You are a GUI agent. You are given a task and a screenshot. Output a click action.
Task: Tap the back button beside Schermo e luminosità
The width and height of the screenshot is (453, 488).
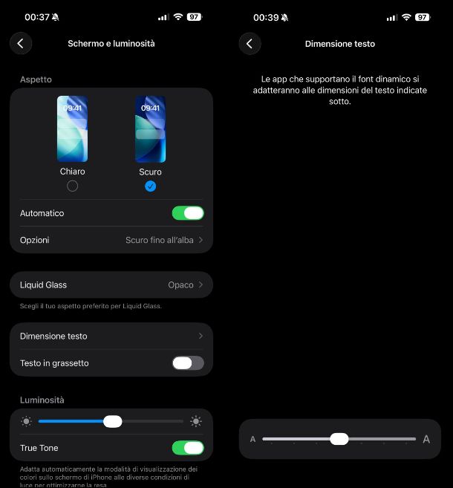coord(21,43)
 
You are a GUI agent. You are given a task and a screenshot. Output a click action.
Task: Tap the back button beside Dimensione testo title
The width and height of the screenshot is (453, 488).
coord(250,44)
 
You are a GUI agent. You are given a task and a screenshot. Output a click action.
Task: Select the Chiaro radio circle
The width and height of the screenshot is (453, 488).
coord(73,186)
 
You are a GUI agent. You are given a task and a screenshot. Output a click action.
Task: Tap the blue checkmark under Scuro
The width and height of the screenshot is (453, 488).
coord(150,186)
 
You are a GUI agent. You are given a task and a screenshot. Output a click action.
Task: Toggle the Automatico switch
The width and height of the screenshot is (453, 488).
coord(188,213)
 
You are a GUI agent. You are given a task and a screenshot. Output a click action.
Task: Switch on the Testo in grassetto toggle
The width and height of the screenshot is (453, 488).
coord(188,363)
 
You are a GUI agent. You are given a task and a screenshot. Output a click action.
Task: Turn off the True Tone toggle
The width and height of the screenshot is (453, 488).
coord(188,448)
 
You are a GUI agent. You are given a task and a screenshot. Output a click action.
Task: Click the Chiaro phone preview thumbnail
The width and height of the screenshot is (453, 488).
coord(73,128)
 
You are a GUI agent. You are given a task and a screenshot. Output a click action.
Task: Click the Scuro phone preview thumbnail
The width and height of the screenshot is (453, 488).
coord(150,128)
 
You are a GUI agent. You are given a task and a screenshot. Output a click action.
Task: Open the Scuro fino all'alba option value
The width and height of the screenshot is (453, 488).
coord(160,240)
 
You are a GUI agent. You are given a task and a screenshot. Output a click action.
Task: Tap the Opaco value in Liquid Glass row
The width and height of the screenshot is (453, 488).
coord(180,284)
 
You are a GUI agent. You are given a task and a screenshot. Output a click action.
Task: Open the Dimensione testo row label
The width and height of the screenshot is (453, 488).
coord(53,336)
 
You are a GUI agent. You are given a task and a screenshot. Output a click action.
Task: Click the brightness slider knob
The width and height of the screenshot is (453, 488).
coord(113,421)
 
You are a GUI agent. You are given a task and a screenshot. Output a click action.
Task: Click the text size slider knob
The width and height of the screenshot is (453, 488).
coord(339,439)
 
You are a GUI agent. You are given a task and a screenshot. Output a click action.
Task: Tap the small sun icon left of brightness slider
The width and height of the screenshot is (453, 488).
coord(26,421)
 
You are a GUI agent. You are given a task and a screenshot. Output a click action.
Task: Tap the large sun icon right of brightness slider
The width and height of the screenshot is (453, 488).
coord(196,421)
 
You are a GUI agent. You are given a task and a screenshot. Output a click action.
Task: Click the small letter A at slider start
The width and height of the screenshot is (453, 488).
coord(252,439)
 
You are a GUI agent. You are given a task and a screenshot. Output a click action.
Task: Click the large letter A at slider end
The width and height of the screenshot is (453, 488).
coord(426,439)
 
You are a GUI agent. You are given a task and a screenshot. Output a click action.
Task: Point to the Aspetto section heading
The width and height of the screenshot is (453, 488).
coord(36,79)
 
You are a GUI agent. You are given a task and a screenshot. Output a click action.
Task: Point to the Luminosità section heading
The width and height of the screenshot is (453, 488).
coord(42,400)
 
